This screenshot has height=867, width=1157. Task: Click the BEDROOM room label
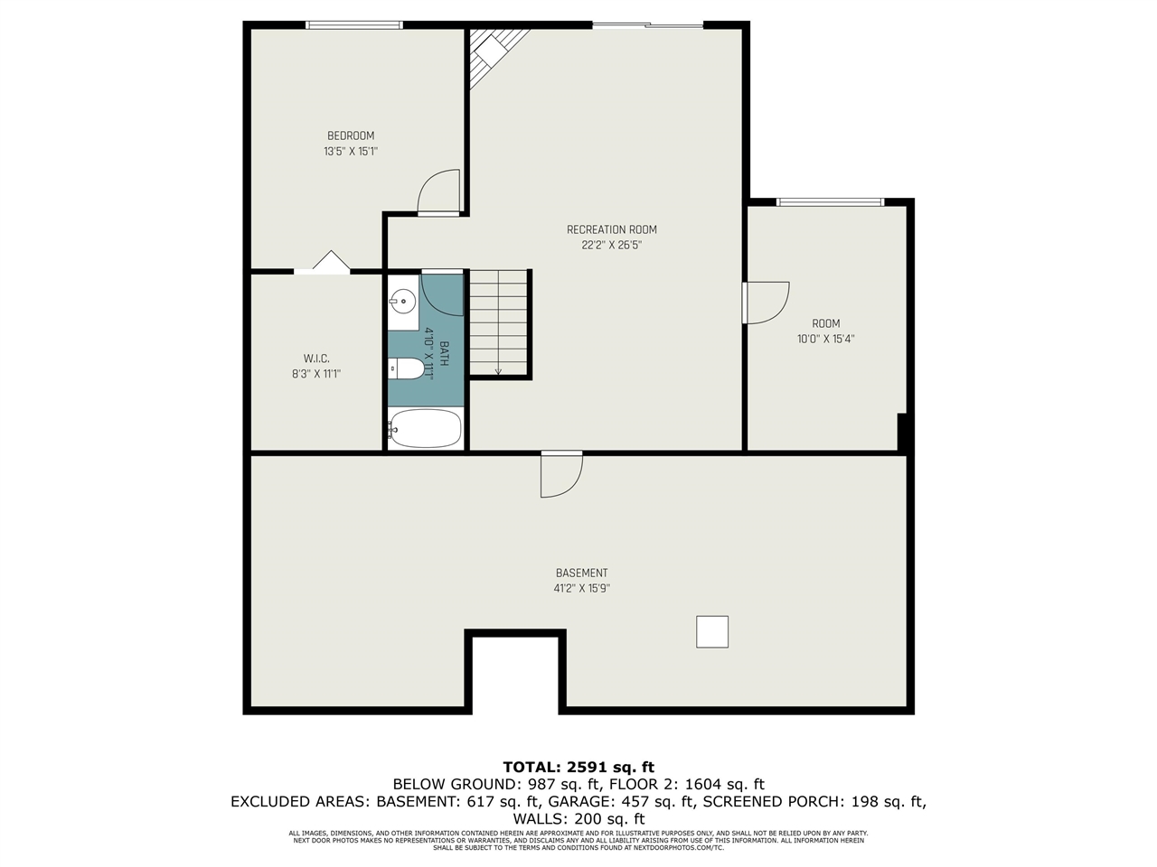click(351, 136)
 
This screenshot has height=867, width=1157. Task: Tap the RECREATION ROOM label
click(612, 229)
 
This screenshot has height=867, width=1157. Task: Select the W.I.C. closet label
click(316, 359)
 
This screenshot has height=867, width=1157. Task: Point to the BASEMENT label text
click(581, 573)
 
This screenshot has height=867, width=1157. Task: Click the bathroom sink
click(402, 302)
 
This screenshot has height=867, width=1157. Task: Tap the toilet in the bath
click(406, 368)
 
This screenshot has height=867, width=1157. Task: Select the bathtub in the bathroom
click(425, 429)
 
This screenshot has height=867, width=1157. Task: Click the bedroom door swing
click(439, 192)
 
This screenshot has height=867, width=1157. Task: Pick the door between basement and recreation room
click(560, 474)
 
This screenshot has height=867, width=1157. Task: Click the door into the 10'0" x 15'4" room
click(765, 302)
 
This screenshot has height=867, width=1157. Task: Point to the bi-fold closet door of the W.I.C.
click(331, 262)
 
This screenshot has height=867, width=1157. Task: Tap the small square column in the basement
click(712, 632)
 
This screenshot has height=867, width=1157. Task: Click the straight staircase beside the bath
click(498, 322)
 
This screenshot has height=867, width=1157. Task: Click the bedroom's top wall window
click(354, 25)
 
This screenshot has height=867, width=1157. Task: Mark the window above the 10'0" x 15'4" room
click(831, 202)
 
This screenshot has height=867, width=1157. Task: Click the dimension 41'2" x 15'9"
click(581, 588)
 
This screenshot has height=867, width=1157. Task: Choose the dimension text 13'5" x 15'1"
click(351, 152)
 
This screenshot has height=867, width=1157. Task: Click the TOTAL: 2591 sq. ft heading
click(578, 768)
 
